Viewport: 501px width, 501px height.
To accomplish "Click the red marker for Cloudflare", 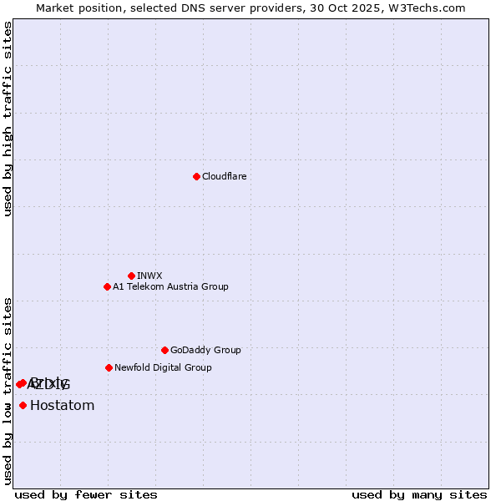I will click(196, 176).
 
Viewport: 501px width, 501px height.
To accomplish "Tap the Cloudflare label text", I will click(224, 176).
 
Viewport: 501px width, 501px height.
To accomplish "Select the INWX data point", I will click(131, 276).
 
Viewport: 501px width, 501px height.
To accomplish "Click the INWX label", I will click(149, 276).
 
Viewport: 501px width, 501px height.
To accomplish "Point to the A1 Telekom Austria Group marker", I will click(107, 286).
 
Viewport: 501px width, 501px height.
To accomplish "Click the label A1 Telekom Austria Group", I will click(170, 286).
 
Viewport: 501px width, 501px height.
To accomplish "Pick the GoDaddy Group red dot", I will click(164, 350).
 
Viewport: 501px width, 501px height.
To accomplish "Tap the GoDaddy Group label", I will click(205, 350).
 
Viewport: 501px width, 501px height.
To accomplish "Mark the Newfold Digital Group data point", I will click(109, 367).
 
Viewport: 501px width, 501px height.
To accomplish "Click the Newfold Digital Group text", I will click(163, 367).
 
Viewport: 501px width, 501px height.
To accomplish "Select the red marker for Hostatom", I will click(23, 406).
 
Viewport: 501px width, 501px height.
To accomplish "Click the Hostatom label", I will click(62, 406).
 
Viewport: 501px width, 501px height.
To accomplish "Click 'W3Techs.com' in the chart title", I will click(431, 8).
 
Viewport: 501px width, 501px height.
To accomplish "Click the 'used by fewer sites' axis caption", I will click(86, 494).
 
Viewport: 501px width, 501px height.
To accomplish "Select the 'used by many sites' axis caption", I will click(419, 494).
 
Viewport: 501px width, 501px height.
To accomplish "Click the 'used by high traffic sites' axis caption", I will click(8, 119).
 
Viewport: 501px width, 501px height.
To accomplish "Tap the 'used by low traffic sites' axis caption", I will click(8, 391).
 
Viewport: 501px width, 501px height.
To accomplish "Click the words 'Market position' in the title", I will click(74, 8).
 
